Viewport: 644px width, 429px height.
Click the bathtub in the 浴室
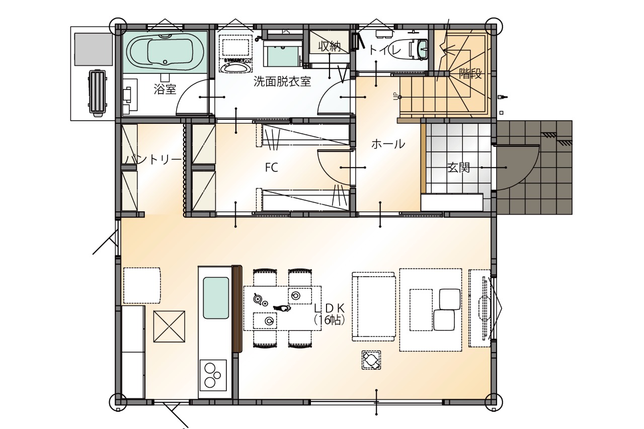coord(165,52)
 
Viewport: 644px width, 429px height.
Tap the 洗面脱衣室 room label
coord(282,82)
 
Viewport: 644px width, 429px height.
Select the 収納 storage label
coord(330,46)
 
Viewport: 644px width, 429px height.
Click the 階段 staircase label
coord(470,73)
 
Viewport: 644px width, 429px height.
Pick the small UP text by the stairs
coord(395,96)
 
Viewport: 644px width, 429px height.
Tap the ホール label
coord(388,144)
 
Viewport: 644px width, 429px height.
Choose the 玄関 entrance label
coord(458,167)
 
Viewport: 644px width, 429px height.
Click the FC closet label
coord(271,167)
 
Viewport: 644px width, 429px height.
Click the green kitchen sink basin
coord(216,298)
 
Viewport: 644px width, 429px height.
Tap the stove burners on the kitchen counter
coord(212,375)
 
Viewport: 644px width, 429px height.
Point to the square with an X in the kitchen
coord(169,326)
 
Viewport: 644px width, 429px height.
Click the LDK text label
coord(329,308)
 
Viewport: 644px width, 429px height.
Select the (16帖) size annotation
coord(329,320)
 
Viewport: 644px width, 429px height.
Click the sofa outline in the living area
coord(373,307)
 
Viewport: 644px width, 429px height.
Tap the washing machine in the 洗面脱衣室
coord(235,53)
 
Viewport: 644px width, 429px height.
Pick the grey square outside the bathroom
coord(94,49)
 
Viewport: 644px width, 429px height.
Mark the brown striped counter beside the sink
coord(237,309)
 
